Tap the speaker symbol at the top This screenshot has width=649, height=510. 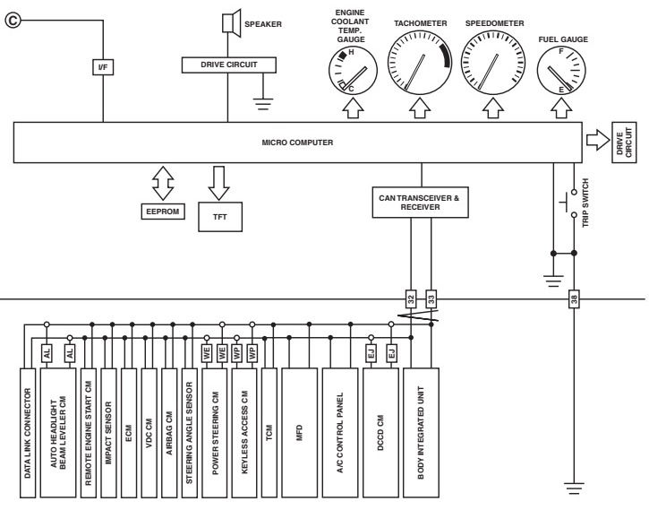pyautogui.click(x=229, y=22)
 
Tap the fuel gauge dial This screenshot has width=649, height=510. pyautogui.click(x=562, y=72)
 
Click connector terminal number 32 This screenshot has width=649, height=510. pyautogui.click(x=409, y=297)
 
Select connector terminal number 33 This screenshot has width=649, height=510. pyautogui.click(x=431, y=297)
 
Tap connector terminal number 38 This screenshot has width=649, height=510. pyautogui.click(x=573, y=297)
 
